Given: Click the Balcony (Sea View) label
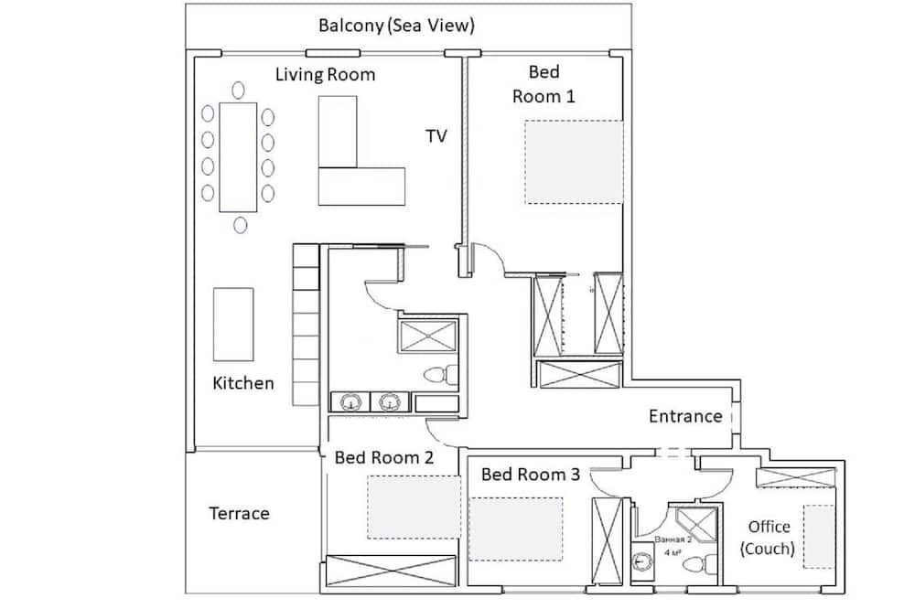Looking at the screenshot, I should pyautogui.click(x=396, y=26).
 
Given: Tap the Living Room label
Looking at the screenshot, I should pyautogui.click(x=325, y=75).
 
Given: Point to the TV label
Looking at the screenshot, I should pyautogui.click(x=436, y=136).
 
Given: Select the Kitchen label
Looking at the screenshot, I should pyautogui.click(x=242, y=383).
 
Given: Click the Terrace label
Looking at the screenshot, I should pyautogui.click(x=240, y=513).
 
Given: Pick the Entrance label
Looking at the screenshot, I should pyautogui.click(x=685, y=416).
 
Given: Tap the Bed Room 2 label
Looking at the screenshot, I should pyautogui.click(x=383, y=457).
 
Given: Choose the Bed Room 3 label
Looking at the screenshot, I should pyautogui.click(x=531, y=475).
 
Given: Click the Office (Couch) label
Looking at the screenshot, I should pyautogui.click(x=769, y=538).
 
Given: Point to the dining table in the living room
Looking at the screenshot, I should pyautogui.click(x=238, y=155).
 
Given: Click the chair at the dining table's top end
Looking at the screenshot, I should pyautogui.click(x=238, y=90).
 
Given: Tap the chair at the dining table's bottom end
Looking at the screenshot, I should pyautogui.click(x=240, y=224).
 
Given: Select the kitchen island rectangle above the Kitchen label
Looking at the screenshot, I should pyautogui.click(x=233, y=324).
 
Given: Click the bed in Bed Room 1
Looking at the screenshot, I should pyautogui.click(x=574, y=162).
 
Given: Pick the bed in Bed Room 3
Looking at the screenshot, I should pyautogui.click(x=516, y=529).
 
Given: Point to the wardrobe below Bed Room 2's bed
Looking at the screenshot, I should pyautogui.click(x=392, y=570).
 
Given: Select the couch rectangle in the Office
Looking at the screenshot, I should pyautogui.click(x=819, y=537).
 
